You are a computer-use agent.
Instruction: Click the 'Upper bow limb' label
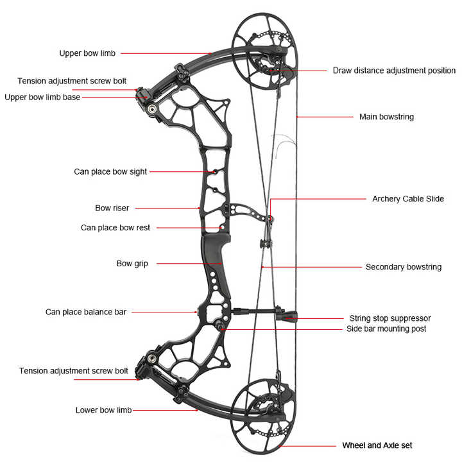87,53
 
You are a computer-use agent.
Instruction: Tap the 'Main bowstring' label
386,117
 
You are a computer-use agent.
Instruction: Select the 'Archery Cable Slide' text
408,199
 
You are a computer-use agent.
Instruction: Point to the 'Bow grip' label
132,263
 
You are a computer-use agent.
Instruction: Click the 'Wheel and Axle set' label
377,445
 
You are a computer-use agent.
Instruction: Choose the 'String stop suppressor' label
389,318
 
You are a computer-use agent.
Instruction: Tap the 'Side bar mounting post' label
386,329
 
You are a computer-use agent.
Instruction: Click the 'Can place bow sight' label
110,171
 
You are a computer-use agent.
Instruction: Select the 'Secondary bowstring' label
403,267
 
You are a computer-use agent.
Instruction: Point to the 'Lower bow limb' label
103,410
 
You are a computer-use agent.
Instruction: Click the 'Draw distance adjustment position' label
394,71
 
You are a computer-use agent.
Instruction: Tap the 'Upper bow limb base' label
42,98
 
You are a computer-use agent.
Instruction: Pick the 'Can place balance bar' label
86,312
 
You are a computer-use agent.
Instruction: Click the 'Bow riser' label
112,208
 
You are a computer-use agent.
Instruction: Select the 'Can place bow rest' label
116,227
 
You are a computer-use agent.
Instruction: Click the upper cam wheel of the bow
264,51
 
